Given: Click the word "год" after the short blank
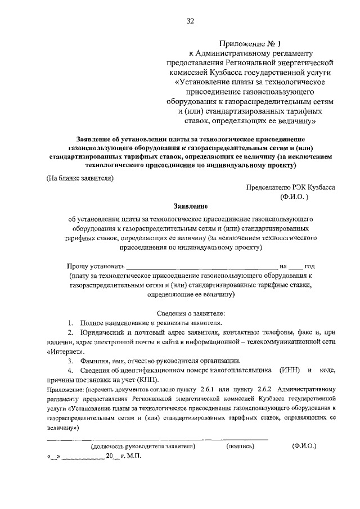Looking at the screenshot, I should pyautogui.click(x=309, y=265).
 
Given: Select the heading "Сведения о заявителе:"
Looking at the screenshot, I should pyautogui.click(x=190, y=312).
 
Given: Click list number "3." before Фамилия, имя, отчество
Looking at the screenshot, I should pyautogui.click(x=71, y=361).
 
